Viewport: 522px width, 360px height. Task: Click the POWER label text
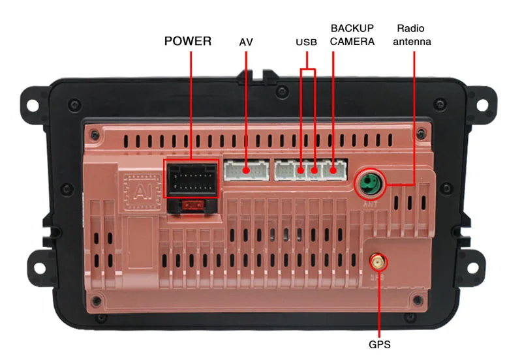click(188, 41)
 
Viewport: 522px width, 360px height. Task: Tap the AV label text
click(246, 42)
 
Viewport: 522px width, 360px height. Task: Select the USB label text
click(306, 42)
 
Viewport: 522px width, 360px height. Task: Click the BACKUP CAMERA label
click(352, 35)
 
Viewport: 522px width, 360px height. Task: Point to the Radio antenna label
click(412, 35)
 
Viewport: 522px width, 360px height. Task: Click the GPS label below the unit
click(380, 344)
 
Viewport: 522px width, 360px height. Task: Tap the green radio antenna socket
click(370, 183)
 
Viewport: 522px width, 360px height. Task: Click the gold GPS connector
click(378, 262)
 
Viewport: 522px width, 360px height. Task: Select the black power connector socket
click(191, 179)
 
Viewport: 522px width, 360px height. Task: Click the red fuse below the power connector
click(192, 205)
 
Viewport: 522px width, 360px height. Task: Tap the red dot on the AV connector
click(246, 170)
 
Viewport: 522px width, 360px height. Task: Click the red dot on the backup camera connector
click(333, 171)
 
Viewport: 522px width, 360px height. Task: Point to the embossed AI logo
click(142, 192)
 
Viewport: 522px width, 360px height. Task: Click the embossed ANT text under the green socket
click(370, 204)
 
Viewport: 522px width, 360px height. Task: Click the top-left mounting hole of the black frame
click(32, 105)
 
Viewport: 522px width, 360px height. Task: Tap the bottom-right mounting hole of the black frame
click(472, 267)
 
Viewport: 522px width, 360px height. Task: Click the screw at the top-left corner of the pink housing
click(95, 135)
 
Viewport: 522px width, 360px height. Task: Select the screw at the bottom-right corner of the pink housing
click(418, 301)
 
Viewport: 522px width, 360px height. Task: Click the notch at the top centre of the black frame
click(258, 76)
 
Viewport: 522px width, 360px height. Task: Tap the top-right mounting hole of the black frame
click(482, 105)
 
